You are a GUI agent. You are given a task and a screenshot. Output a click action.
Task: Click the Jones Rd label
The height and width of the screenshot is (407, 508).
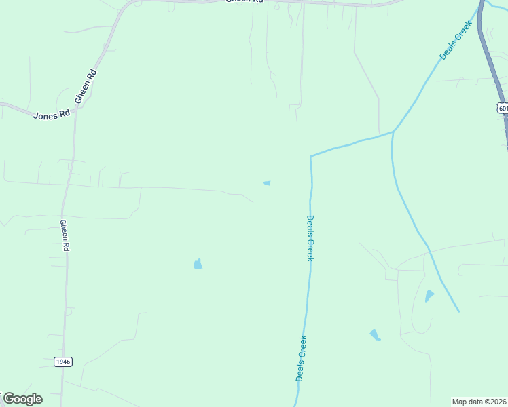click(52, 115)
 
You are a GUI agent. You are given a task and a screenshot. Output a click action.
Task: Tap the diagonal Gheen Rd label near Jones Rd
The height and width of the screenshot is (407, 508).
click(86, 86)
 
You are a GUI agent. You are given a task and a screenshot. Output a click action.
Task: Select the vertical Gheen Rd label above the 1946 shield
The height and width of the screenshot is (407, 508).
click(65, 236)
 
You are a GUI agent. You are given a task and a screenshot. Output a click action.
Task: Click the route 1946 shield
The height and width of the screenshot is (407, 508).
click(63, 362)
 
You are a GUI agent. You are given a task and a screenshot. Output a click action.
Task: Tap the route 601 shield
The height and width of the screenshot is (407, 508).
click(502, 108)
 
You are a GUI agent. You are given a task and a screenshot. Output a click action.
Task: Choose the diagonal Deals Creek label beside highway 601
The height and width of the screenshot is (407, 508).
click(455, 40)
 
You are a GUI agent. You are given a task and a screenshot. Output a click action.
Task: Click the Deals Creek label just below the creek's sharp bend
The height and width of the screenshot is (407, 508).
click(310, 238)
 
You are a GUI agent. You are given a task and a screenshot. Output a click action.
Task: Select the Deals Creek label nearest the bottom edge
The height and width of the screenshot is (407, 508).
click(301, 359)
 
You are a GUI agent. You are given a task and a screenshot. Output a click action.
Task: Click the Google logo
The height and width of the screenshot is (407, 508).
click(22, 399)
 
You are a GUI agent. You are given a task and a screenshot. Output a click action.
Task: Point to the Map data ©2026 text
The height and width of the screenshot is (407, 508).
click(479, 402)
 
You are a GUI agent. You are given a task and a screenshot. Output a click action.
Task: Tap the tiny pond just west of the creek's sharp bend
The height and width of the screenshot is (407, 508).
click(267, 182)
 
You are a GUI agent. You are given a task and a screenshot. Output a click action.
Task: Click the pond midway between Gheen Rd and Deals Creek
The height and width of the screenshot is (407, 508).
click(198, 264)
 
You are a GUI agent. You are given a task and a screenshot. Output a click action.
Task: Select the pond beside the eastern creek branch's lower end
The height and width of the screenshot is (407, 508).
click(429, 296)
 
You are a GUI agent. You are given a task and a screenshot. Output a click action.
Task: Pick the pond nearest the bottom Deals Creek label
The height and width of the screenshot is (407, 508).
click(375, 334)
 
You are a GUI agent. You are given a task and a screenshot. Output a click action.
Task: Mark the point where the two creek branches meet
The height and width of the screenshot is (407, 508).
click(393, 132)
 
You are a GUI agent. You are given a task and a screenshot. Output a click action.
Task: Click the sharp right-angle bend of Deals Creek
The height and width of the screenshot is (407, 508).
click(311, 157)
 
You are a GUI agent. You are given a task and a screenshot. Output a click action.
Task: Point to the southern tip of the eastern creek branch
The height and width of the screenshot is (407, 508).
click(458, 311)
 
